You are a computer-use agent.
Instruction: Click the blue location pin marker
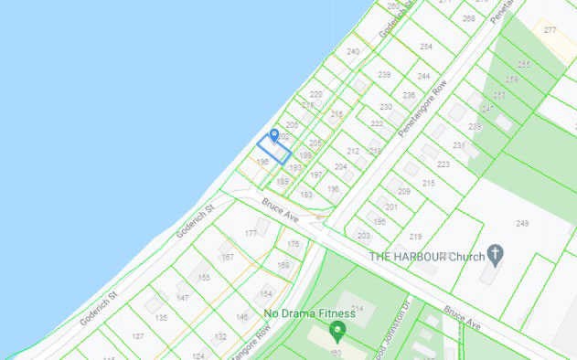coord(272,136)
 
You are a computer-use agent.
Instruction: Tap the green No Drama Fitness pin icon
coord(338,329)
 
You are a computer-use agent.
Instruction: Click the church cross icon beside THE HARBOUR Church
coord(495,252)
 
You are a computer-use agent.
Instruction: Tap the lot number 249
coord(522,224)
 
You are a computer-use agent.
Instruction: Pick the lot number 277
coord(550,31)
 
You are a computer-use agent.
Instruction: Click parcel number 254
coord(425,46)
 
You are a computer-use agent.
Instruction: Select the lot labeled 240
coord(353,52)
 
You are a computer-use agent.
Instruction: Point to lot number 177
coord(251,234)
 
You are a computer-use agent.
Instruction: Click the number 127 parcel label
coord(138,336)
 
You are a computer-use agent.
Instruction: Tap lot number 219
coord(415,236)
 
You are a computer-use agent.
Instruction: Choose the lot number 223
coord(443,164)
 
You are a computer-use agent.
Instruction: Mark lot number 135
coord(161,317)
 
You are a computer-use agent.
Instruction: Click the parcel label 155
coord(204,277)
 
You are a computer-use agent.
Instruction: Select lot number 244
coord(423,76)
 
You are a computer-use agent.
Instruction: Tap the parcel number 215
coord(428,184)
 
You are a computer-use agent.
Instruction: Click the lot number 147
coord(183,298)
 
